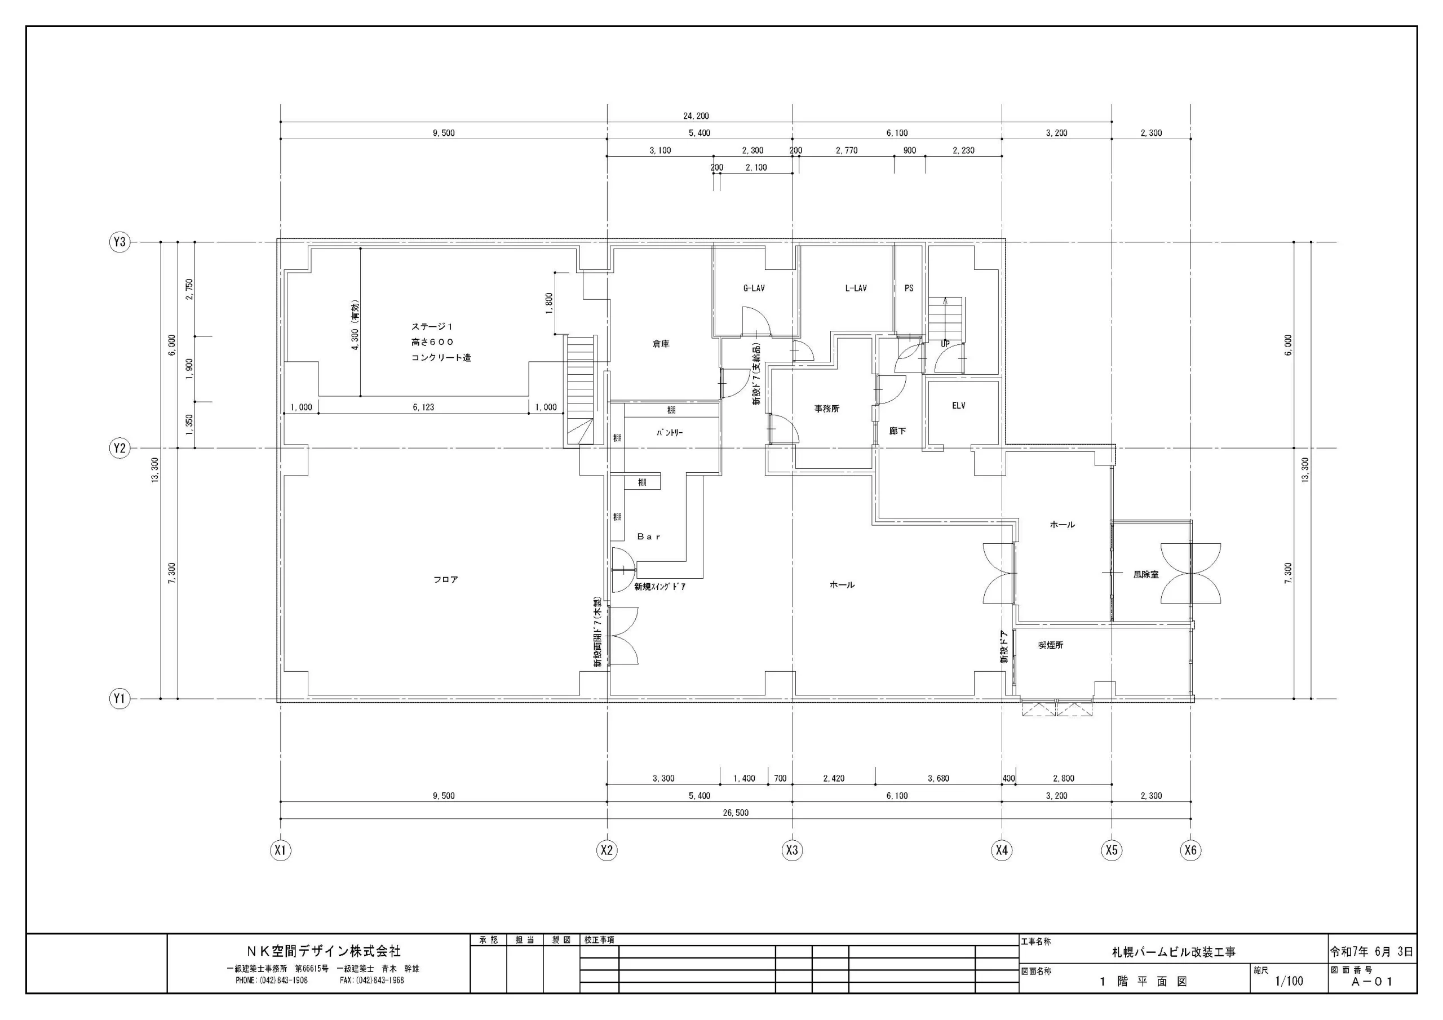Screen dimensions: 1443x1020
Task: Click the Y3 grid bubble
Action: [x=119, y=242]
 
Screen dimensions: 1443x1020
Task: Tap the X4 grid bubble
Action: [x=1002, y=850]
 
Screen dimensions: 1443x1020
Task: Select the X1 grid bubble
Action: [x=280, y=850]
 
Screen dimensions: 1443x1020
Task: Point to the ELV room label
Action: [x=958, y=406]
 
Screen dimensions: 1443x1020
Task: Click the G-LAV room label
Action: [x=754, y=289]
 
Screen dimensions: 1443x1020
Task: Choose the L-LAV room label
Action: [x=856, y=289]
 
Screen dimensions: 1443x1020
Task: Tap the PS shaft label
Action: [x=909, y=289]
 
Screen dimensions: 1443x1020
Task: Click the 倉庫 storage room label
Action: [x=661, y=344]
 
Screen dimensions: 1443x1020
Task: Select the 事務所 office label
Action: [x=827, y=409]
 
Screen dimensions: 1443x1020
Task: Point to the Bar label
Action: [x=649, y=536]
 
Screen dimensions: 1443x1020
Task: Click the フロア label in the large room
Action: [x=446, y=579]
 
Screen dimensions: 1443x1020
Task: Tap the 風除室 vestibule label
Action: [x=1146, y=574]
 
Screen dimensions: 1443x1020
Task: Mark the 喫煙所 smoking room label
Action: [x=1051, y=645]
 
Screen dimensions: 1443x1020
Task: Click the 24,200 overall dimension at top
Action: [x=696, y=116]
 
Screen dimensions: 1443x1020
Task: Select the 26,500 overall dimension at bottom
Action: [x=736, y=813]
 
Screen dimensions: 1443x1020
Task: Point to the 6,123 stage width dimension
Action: [x=423, y=407]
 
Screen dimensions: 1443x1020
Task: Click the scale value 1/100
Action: [x=1289, y=981]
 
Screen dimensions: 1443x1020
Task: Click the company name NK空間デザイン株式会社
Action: [x=323, y=951]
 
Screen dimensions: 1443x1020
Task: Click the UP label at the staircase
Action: [x=945, y=344]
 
